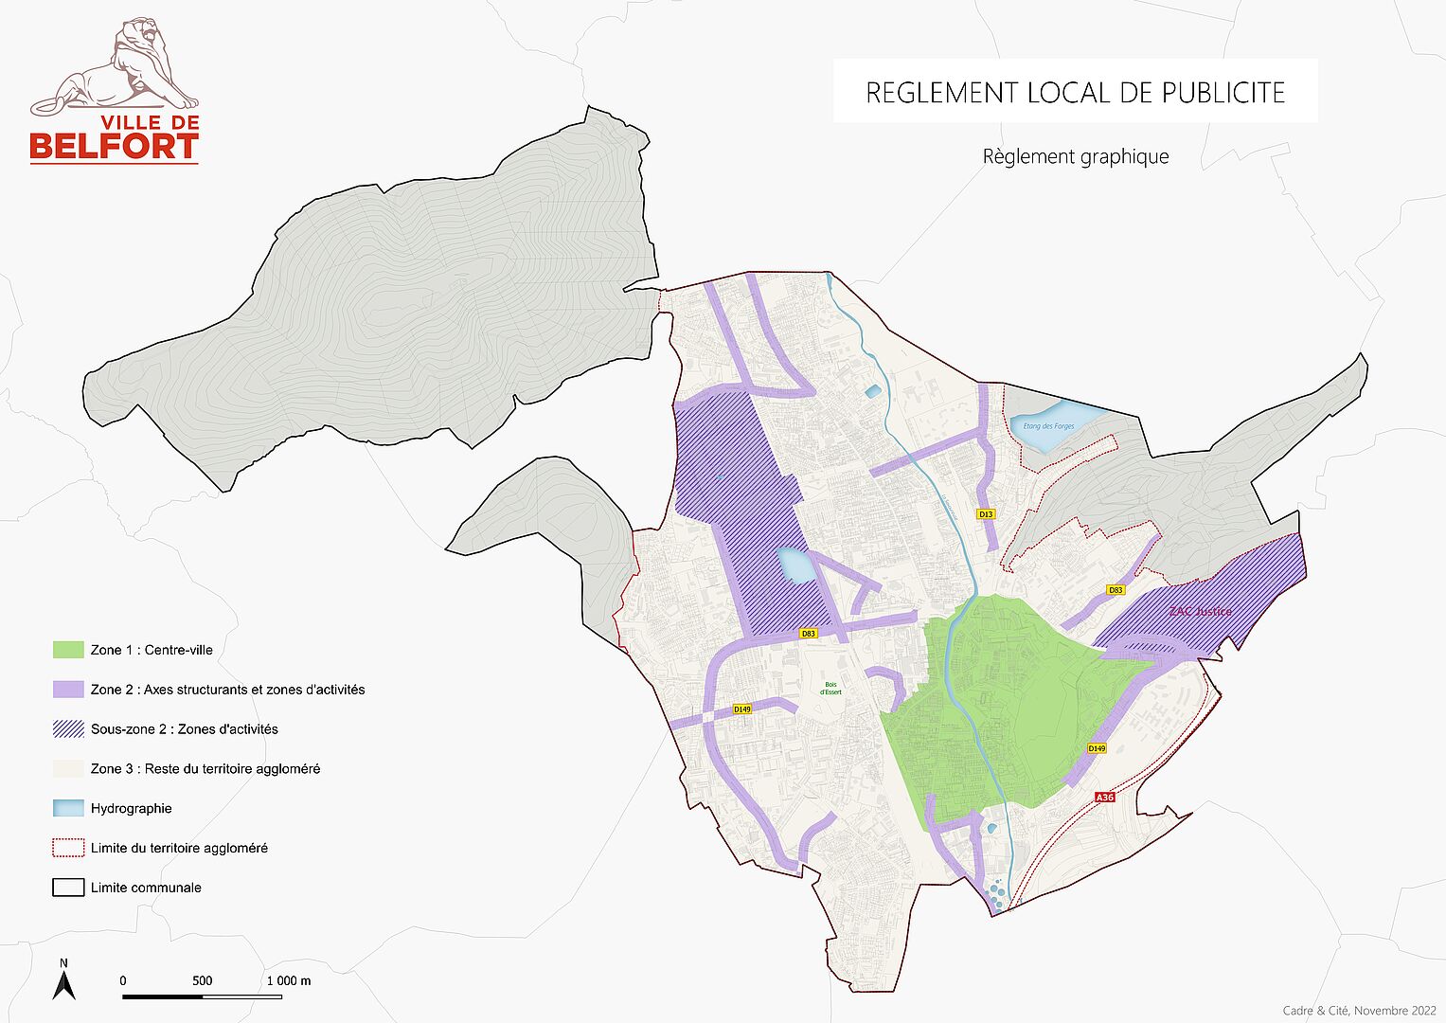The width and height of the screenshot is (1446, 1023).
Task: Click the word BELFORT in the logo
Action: [x=114, y=147]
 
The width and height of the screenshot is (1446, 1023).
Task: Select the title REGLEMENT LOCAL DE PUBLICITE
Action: [x=1075, y=93]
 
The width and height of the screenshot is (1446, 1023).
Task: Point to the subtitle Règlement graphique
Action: [x=1075, y=157]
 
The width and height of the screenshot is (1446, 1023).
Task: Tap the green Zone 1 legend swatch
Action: [x=68, y=650]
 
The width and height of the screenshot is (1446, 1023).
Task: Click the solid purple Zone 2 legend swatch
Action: [x=68, y=690]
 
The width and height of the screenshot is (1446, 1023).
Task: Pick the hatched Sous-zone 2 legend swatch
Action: [x=68, y=729]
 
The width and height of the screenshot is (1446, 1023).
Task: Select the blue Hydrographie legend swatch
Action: [x=68, y=809]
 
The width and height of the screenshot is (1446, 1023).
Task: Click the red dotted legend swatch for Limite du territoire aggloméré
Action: [x=68, y=849]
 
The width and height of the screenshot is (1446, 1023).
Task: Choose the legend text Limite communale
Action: [x=146, y=888]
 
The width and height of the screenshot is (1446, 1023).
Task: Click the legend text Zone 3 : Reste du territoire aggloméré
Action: [x=205, y=769]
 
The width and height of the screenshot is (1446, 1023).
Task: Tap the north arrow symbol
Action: [x=63, y=981]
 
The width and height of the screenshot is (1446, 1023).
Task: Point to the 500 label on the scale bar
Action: [x=203, y=981]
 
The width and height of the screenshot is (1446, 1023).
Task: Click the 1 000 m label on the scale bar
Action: [x=288, y=981]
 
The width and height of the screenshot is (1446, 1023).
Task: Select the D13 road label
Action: [x=986, y=514]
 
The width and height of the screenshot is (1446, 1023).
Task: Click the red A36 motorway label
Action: [x=1104, y=798]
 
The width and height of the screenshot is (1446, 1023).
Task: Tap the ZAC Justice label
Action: [x=1200, y=611]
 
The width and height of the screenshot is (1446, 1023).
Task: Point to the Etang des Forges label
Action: [x=1048, y=426]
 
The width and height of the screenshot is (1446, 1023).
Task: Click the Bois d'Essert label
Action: [x=830, y=688]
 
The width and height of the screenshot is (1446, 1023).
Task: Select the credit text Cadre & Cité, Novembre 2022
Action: [x=1359, y=1011]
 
